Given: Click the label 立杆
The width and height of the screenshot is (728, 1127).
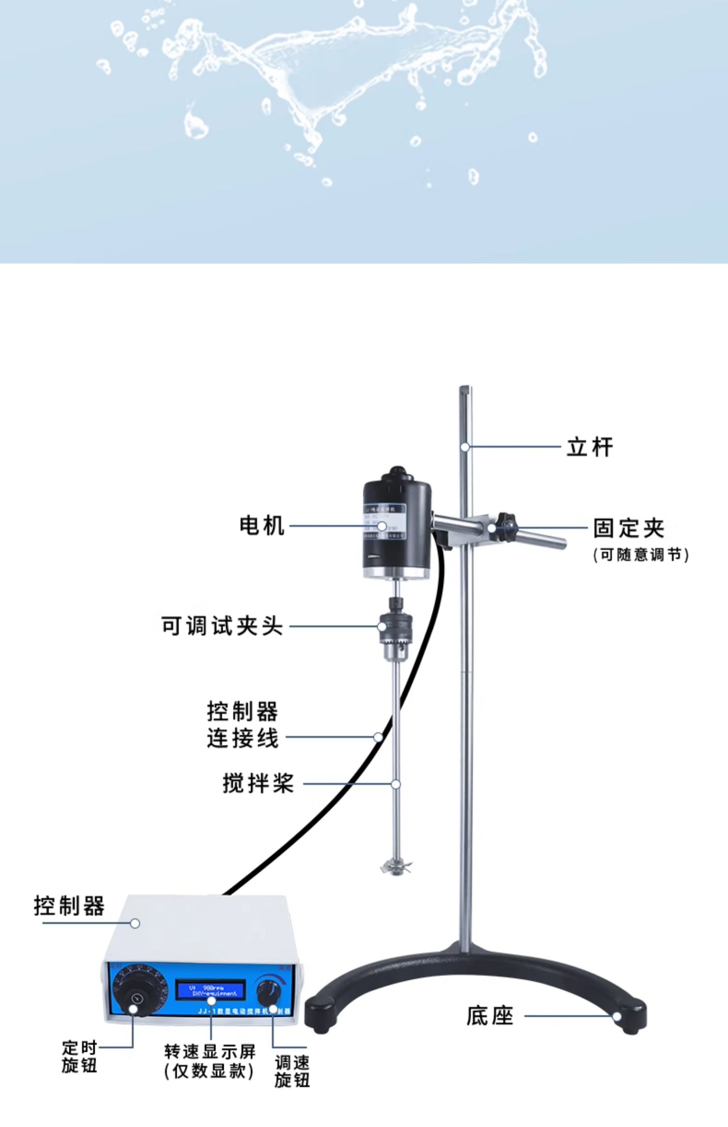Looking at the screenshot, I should click(590, 447).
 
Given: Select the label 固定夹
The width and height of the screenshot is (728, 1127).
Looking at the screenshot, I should click(629, 528).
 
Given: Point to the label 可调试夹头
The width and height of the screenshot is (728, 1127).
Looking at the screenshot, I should click(222, 626).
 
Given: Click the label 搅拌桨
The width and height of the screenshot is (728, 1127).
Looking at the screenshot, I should click(258, 783).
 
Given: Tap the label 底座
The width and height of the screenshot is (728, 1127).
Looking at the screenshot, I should click(490, 1016).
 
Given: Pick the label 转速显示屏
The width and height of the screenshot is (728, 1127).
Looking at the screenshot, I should click(210, 1051).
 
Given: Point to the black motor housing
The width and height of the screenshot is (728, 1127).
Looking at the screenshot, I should click(397, 522).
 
